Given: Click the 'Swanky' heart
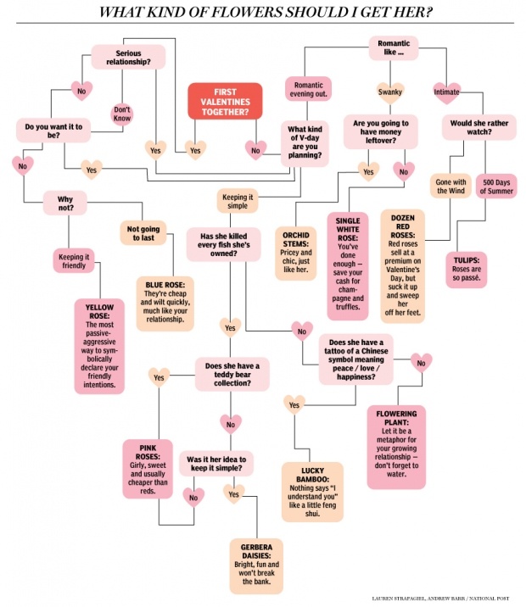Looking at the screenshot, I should [389, 91].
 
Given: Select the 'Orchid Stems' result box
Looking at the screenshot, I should [295, 246].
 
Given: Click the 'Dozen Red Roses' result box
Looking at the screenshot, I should [402, 267].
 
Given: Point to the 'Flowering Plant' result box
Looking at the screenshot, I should [396, 446].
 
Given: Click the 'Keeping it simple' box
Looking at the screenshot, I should [238, 201].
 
